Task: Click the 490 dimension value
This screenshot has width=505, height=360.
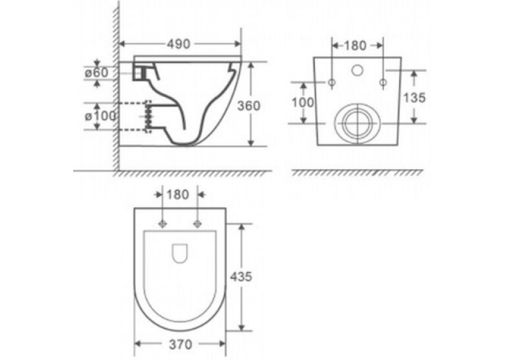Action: tap(178, 44)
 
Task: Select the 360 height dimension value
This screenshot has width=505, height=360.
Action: tap(249, 106)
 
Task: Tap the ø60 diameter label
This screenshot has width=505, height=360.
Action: tap(96, 73)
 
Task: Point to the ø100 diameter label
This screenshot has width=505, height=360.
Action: tap(100, 116)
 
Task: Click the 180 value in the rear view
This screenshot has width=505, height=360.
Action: tap(356, 46)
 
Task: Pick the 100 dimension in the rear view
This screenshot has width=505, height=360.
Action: tap(302, 102)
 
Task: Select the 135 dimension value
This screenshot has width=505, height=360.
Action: tap(414, 97)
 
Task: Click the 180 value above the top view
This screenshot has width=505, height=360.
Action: tap(178, 195)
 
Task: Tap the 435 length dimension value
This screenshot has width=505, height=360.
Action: tap(241, 277)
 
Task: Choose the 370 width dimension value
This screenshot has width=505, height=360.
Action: tap(180, 345)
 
